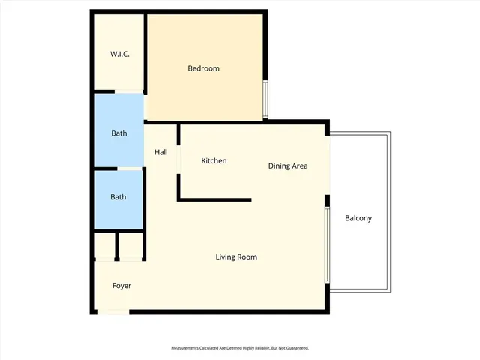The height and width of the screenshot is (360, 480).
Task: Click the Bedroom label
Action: [x=203, y=68]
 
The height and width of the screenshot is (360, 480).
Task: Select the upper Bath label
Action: [x=118, y=133]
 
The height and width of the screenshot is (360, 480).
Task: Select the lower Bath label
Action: [x=118, y=197]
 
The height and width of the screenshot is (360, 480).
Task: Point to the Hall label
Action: [x=160, y=152]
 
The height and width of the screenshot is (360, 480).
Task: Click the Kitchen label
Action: [x=214, y=161]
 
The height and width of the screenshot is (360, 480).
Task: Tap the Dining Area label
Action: [x=288, y=166]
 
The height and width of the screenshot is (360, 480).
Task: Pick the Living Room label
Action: [x=236, y=257]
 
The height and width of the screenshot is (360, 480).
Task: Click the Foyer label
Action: [x=121, y=286]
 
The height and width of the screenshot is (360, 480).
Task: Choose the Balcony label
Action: [x=358, y=218]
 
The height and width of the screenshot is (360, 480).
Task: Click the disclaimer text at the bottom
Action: [x=240, y=348]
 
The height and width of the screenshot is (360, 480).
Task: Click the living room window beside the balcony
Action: [x=327, y=244]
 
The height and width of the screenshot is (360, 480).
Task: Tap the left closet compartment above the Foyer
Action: [x=104, y=246]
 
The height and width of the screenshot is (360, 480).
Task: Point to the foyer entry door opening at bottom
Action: [x=113, y=311]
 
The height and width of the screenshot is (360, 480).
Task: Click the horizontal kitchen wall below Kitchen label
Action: [x=214, y=199]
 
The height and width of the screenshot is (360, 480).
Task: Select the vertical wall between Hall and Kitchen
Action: [x=178, y=161]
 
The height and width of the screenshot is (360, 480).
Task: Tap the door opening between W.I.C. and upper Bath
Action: [x=118, y=92]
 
